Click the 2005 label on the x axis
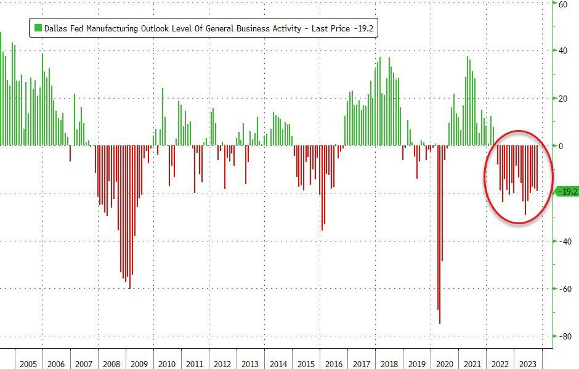28,364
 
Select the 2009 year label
139,364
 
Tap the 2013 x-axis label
250,364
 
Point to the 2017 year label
362,364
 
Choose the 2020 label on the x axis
445,364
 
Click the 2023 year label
528,364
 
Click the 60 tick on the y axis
562,4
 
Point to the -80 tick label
562,336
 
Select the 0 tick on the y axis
560,146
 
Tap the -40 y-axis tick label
562,241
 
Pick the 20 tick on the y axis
562,99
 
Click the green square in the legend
38,28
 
